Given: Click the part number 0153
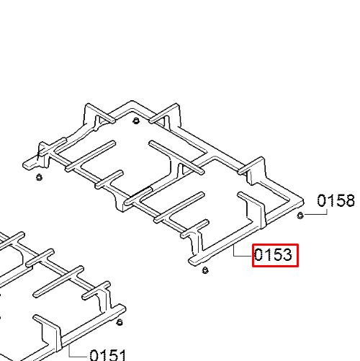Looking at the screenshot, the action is click(x=273, y=255).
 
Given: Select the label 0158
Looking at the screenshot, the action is click(x=336, y=200).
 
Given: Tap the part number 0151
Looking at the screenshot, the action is click(x=108, y=355).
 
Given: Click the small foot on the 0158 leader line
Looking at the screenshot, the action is click(x=300, y=215).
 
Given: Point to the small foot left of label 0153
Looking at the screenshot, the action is click(x=204, y=270).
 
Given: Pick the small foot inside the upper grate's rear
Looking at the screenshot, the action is click(x=136, y=120).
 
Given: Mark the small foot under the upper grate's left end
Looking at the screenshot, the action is click(x=39, y=177).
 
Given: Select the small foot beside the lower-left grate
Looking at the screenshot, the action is click(x=120, y=322).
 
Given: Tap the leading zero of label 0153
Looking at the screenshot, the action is click(x=259, y=255).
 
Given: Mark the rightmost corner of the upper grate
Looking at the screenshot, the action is click(x=303, y=200).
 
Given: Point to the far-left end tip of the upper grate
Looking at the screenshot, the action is click(x=24, y=166).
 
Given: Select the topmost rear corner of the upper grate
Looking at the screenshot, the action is click(x=131, y=101).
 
